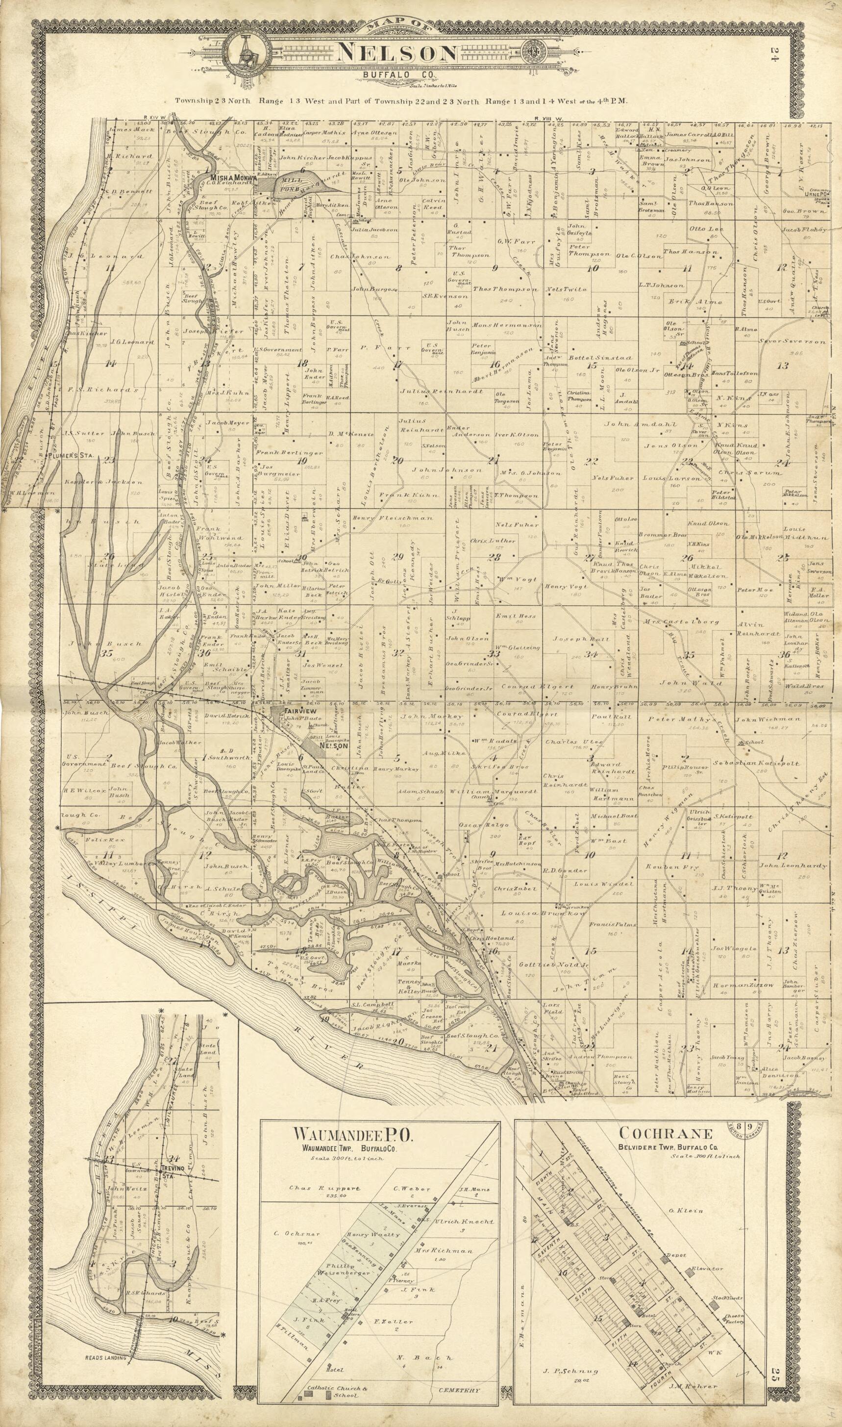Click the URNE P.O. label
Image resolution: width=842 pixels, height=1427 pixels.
(x=816, y=192)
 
